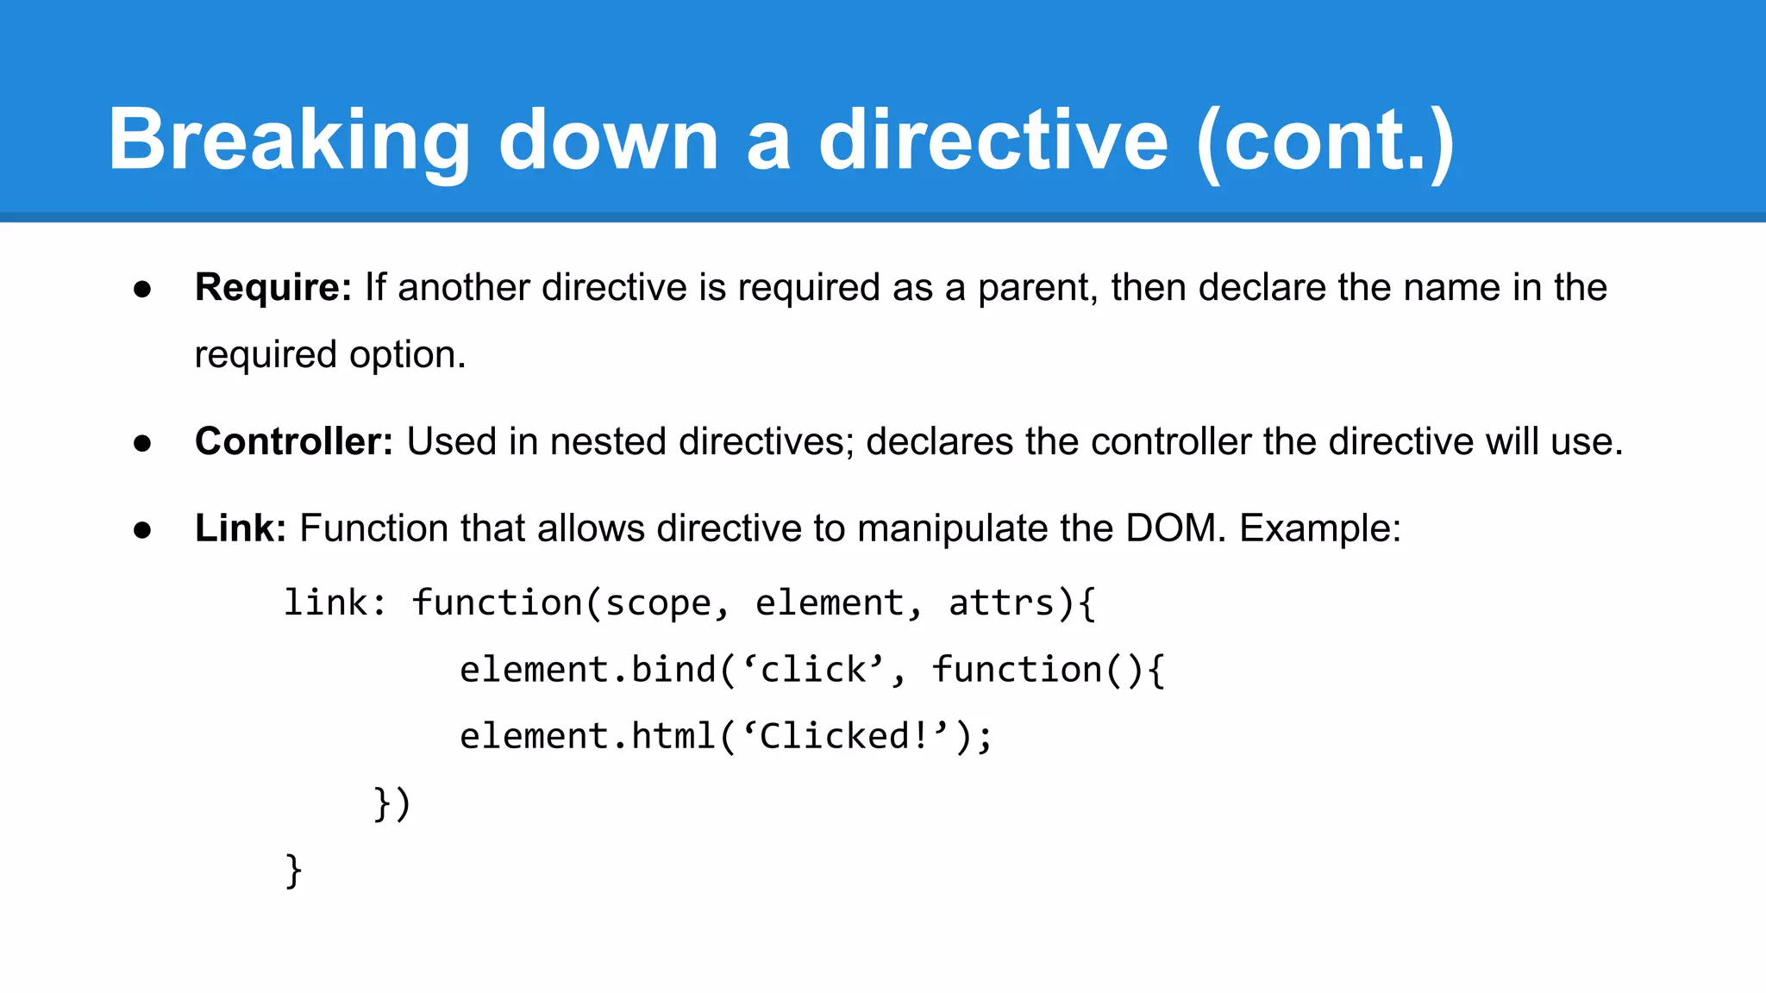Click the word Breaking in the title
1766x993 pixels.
[289, 140]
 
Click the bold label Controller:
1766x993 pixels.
[294, 441]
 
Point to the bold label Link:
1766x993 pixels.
[241, 528]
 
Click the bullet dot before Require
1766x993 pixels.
[143, 289]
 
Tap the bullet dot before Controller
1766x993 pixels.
[143, 443]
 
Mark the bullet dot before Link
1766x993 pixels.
[143, 529]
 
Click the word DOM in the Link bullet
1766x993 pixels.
[1175, 528]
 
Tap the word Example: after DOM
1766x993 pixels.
[1320, 528]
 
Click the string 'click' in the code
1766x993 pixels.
[813, 670]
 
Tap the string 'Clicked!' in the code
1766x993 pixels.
[845, 736]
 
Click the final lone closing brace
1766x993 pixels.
[294, 870]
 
